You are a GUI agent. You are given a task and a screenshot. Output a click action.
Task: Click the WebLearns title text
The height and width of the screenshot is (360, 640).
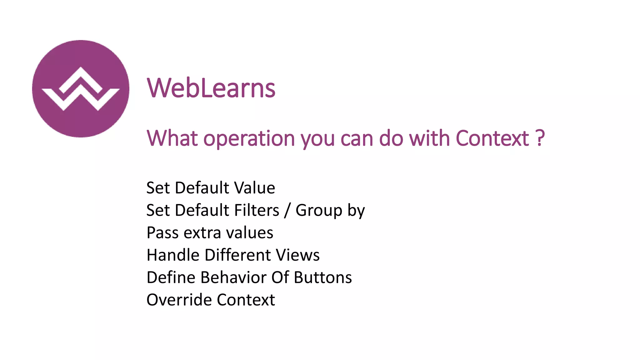211,88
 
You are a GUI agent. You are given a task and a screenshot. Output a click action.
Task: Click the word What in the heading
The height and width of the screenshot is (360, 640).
172,138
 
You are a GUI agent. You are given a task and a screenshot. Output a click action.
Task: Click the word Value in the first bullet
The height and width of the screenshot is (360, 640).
255,188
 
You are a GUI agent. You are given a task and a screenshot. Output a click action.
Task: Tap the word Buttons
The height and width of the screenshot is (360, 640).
323,277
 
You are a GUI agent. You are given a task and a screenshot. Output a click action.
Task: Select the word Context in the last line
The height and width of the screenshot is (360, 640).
246,300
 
